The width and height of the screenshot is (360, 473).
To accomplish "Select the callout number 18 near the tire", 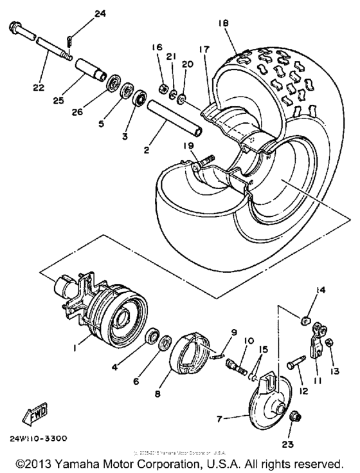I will pos(222,22).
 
